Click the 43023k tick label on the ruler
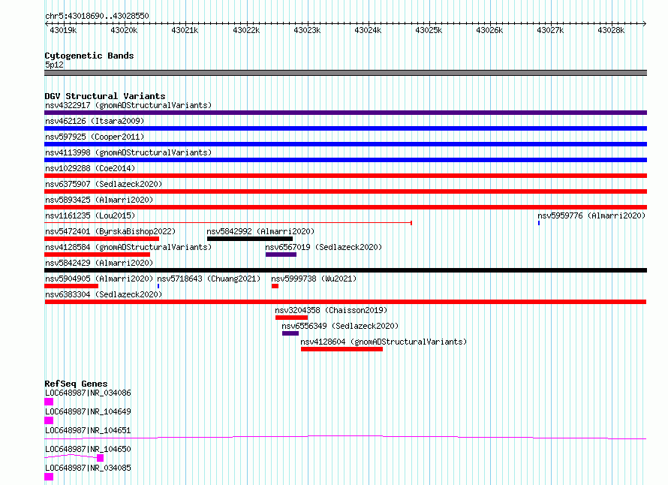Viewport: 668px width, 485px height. point(307,30)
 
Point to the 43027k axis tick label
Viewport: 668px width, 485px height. point(550,30)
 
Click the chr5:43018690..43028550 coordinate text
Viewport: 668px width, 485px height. point(97,16)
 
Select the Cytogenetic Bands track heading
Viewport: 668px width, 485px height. point(89,56)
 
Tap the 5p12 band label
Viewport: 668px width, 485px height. point(54,65)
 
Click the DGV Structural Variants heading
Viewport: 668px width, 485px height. point(105,96)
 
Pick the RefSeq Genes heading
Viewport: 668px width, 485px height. point(76,384)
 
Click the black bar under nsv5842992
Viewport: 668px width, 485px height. point(250,239)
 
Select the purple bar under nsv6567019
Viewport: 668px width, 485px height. point(281,255)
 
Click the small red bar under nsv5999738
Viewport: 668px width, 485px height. point(275,286)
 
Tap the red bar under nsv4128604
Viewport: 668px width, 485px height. point(342,349)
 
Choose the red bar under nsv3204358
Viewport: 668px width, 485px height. point(291,318)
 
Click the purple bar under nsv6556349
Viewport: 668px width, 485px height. point(290,333)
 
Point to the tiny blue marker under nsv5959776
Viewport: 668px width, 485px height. point(539,223)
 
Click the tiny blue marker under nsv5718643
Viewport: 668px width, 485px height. point(158,286)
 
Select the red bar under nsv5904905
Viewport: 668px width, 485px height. point(71,286)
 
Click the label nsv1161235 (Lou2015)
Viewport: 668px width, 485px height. point(90,215)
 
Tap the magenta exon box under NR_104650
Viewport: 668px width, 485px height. point(100,458)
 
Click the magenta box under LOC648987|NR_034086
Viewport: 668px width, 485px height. point(49,402)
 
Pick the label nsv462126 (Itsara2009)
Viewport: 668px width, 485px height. point(95,121)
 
